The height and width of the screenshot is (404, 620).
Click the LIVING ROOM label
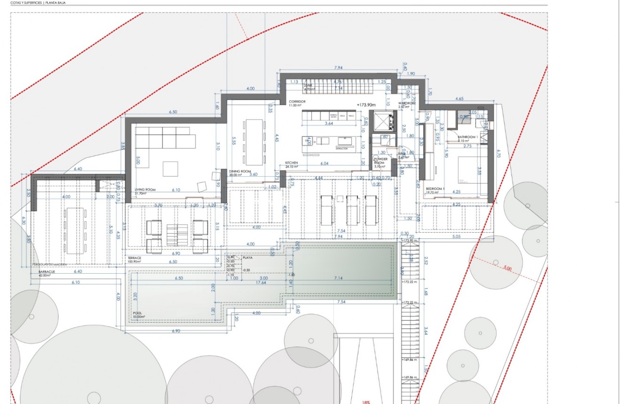145,190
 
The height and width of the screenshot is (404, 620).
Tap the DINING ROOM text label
240,171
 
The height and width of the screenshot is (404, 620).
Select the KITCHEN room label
292,163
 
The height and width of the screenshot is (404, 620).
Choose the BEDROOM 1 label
434,189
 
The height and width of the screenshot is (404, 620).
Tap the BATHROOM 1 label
467,137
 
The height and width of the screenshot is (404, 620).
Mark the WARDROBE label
407,103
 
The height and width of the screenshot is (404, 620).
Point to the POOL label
137,313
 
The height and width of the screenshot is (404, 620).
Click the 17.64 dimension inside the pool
262,283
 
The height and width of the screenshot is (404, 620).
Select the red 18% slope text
366,402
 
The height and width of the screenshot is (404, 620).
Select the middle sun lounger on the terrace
352,209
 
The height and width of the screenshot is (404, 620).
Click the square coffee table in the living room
170,168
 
